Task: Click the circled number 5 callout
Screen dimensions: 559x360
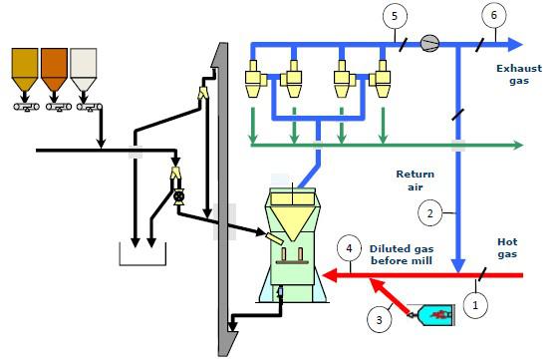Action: (395, 16)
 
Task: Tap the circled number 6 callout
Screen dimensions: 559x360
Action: (494, 16)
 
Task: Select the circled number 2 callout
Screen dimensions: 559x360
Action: (429, 213)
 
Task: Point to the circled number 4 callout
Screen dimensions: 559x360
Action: (349, 248)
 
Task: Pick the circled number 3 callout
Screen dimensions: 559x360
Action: (380, 320)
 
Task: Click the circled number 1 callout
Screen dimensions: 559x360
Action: (475, 305)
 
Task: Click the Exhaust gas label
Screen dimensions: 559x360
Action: (519, 74)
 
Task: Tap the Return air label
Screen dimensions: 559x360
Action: (416, 180)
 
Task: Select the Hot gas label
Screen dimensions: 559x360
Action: (507, 248)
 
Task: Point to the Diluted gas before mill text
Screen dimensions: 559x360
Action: (402, 254)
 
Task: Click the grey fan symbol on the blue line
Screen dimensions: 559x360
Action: (429, 44)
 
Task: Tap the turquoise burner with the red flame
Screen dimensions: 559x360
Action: (432, 315)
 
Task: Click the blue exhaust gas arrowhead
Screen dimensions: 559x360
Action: (515, 44)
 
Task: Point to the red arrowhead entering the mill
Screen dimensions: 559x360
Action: (330, 275)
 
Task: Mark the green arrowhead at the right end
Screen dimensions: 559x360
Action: (518, 145)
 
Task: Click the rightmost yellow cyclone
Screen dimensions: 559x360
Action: (381, 79)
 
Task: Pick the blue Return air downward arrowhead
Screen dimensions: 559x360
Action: (458, 266)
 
